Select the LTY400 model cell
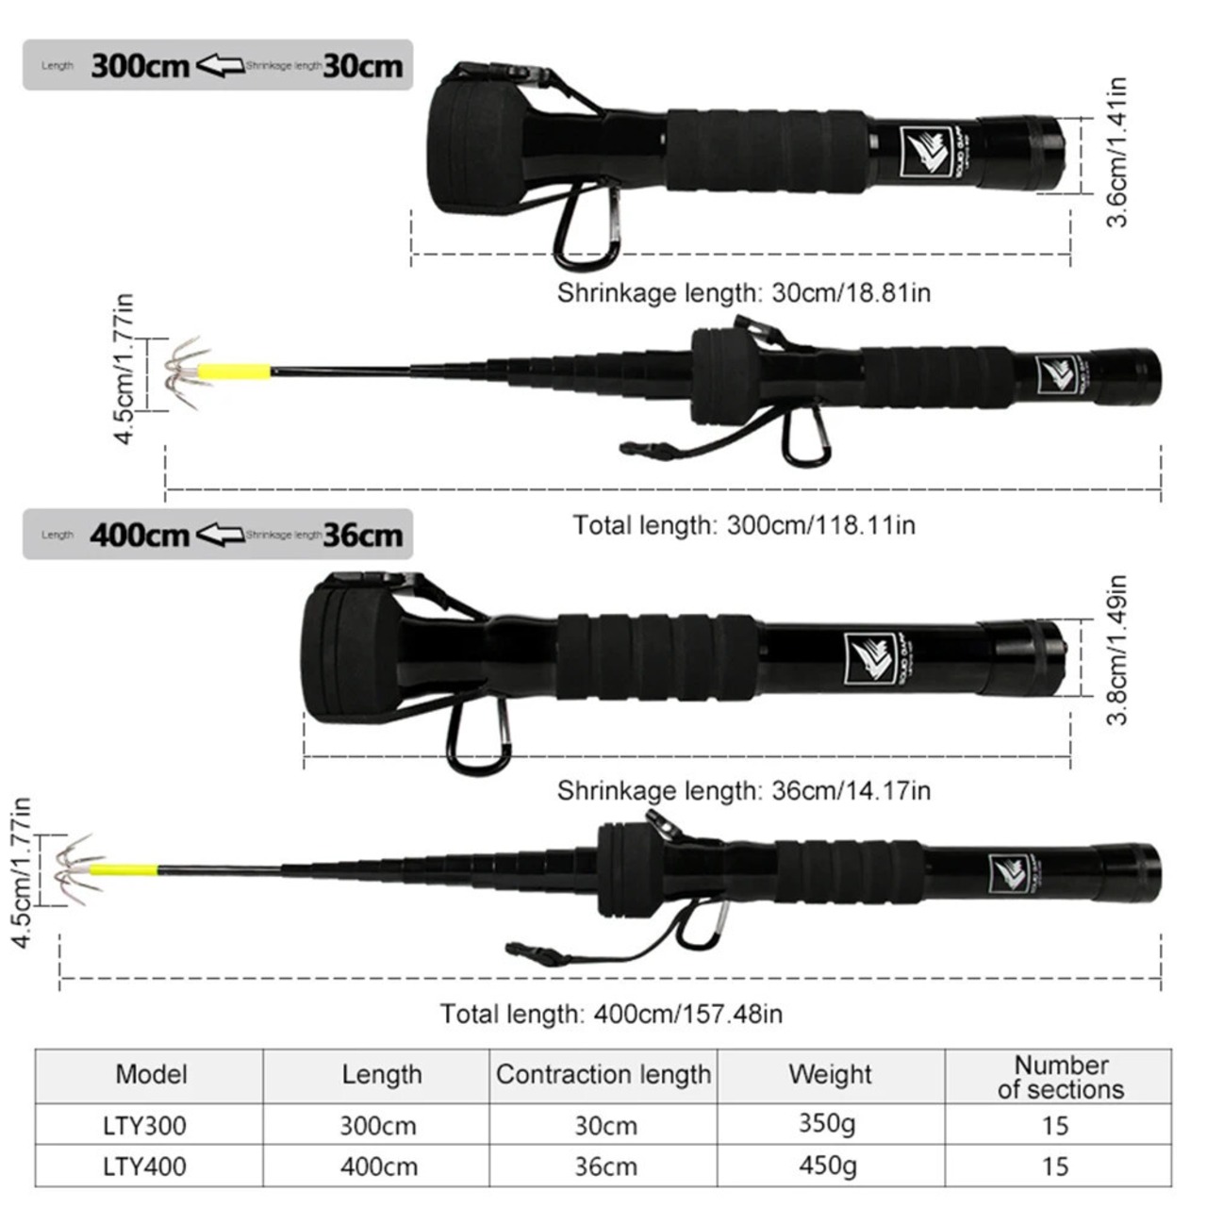point(144,1166)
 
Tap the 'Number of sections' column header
point(1061,1077)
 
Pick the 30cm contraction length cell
point(605,1125)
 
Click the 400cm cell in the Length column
point(379,1166)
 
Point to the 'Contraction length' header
point(603,1074)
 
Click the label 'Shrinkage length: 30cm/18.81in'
point(743,292)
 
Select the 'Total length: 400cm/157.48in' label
point(611,1014)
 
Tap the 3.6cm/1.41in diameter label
point(1117,152)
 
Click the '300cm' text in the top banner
point(141,66)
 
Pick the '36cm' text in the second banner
point(363,535)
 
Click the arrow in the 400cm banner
point(220,535)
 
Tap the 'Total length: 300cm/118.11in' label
point(743,524)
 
